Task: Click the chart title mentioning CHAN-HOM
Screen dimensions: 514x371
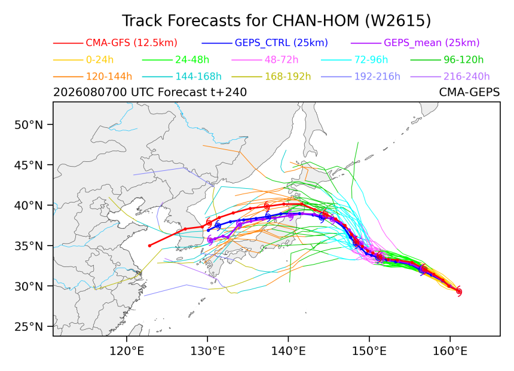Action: (276, 21)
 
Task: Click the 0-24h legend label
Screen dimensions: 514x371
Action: (100, 60)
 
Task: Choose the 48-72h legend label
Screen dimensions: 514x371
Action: (282, 60)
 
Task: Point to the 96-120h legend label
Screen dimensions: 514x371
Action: (464, 60)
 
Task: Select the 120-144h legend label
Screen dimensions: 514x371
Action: (109, 76)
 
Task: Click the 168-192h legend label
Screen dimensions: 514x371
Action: (287, 76)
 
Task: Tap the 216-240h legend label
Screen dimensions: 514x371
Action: (466, 76)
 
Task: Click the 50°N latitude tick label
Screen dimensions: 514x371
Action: (29, 125)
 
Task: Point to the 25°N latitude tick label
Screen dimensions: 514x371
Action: (29, 327)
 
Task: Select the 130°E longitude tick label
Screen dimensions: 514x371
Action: (207, 351)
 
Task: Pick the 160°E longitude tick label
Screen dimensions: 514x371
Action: (450, 351)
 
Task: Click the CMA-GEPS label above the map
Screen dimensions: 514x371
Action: (469, 93)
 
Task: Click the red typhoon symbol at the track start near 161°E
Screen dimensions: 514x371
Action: (459, 292)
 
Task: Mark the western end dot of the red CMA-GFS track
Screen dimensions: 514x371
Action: (150, 246)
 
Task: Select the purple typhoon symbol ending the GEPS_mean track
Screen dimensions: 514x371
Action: (210, 240)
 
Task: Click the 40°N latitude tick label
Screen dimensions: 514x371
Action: (29, 206)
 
